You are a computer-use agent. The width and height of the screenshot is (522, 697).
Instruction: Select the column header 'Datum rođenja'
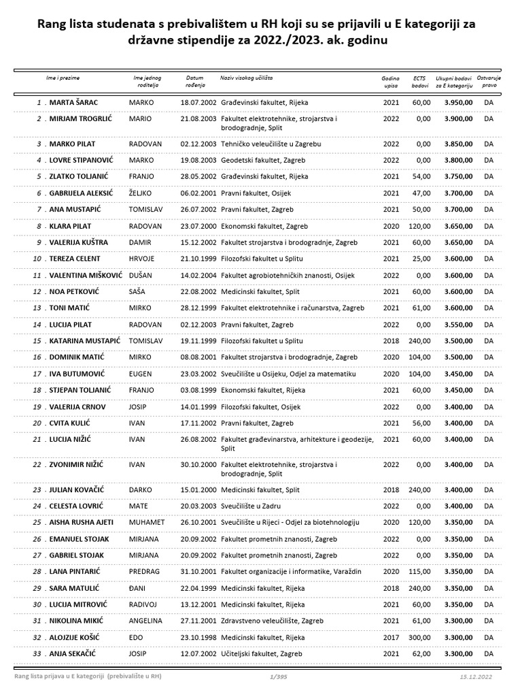(x=194, y=82)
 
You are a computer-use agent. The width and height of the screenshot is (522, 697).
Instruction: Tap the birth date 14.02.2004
(x=198, y=275)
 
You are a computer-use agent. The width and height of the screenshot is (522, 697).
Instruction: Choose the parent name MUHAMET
(x=147, y=522)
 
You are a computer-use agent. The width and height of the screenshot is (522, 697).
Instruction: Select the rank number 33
(x=37, y=653)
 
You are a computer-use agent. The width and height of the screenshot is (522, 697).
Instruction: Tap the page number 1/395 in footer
(x=279, y=677)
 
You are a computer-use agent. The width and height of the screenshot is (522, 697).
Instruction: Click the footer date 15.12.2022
(x=475, y=677)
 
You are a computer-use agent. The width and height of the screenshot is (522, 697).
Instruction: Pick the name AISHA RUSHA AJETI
(x=82, y=522)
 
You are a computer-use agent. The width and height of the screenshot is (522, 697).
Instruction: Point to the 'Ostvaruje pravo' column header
(x=489, y=82)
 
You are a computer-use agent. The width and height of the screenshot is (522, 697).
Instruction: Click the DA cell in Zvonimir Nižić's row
(x=489, y=465)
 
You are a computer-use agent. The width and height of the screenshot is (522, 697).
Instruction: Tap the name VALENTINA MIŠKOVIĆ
(x=86, y=275)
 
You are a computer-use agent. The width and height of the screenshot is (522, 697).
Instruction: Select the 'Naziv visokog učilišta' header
(x=246, y=78)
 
